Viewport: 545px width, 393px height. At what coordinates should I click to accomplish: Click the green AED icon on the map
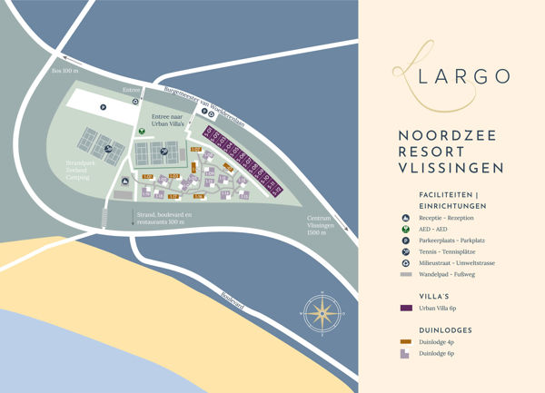click(142, 130)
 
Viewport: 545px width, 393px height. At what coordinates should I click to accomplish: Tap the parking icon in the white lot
click(104, 108)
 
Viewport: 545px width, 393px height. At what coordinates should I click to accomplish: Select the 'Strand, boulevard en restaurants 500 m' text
click(162, 218)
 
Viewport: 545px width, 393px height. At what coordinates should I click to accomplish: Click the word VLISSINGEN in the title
click(451, 168)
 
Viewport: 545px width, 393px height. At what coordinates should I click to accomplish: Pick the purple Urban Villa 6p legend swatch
click(404, 309)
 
